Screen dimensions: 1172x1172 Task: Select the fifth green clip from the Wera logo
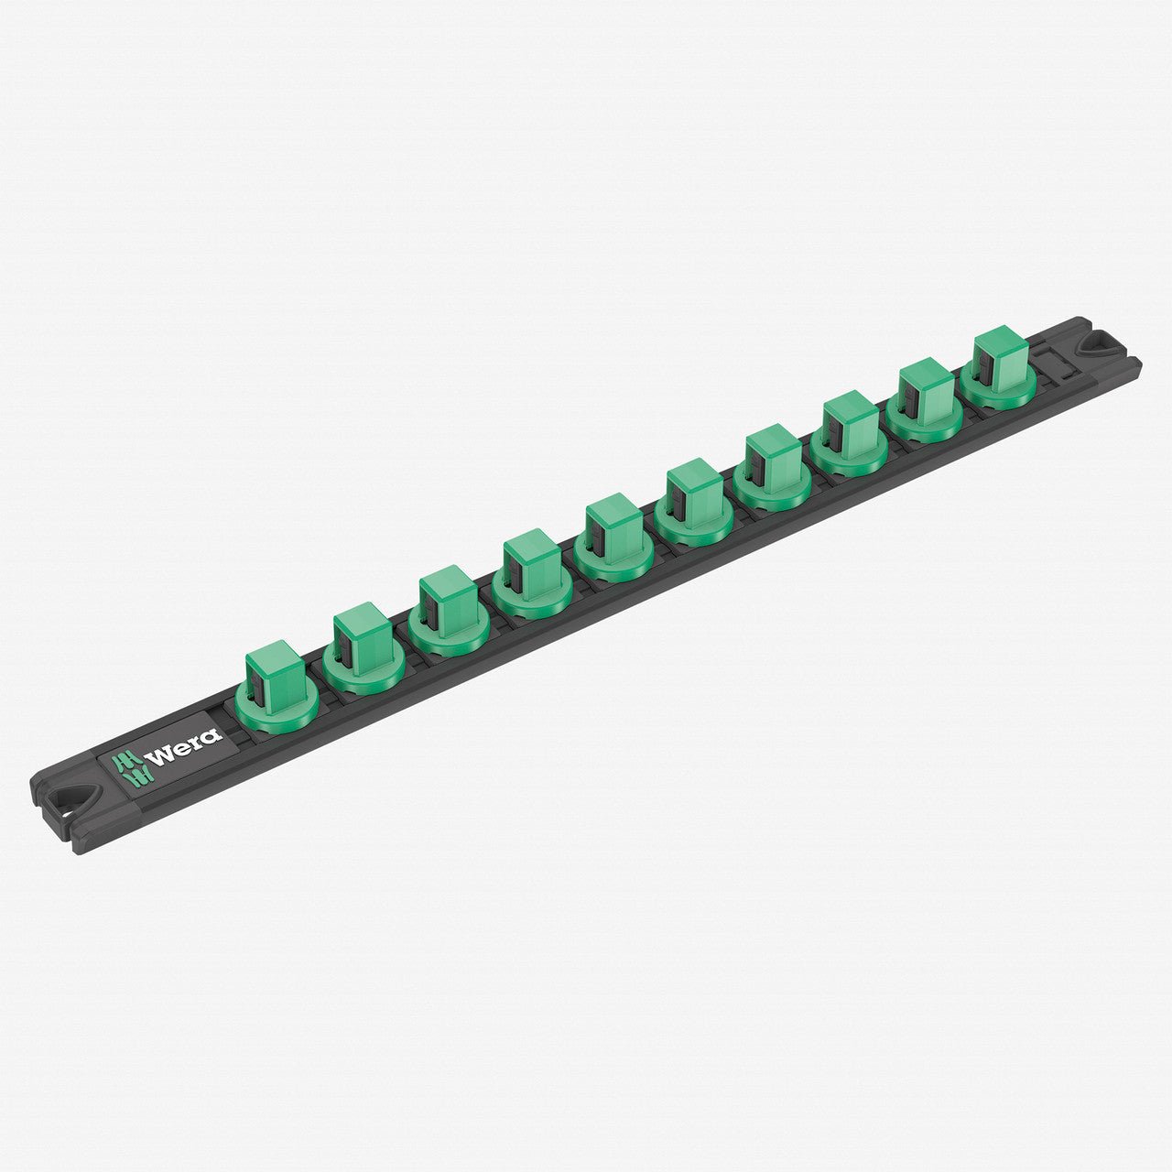point(613,537)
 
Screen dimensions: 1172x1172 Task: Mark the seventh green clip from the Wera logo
point(772,468)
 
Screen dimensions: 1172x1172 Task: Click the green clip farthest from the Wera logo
point(998,370)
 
